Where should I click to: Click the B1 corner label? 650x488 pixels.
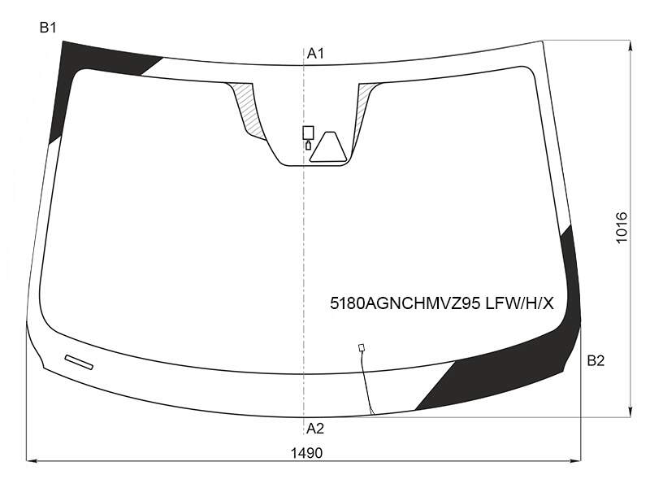pyautogui.click(x=48, y=28)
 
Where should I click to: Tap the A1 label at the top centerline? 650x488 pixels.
pyautogui.click(x=315, y=54)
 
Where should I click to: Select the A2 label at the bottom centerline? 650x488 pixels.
pyautogui.click(x=315, y=429)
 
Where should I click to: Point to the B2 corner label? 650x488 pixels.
pyautogui.click(x=596, y=360)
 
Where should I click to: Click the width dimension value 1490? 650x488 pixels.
pyautogui.click(x=306, y=453)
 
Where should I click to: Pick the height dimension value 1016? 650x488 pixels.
pyautogui.click(x=622, y=228)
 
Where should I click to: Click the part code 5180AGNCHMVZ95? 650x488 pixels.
pyautogui.click(x=405, y=303)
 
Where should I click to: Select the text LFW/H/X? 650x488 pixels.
pyautogui.click(x=519, y=303)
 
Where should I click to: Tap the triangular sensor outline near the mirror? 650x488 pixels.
pyautogui.click(x=328, y=147)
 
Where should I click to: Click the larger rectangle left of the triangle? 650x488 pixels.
pyautogui.click(x=308, y=133)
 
